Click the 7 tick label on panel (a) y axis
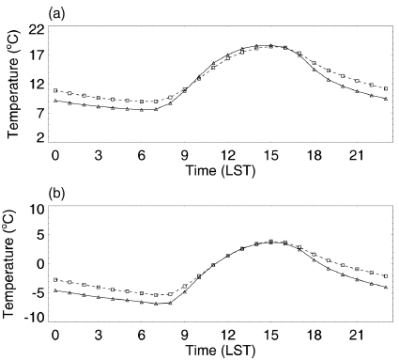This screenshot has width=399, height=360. point(39,111)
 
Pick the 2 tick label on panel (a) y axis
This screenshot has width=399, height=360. point(39,138)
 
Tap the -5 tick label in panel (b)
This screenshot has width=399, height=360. point(36,291)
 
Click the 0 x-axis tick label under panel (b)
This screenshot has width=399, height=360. point(55,335)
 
